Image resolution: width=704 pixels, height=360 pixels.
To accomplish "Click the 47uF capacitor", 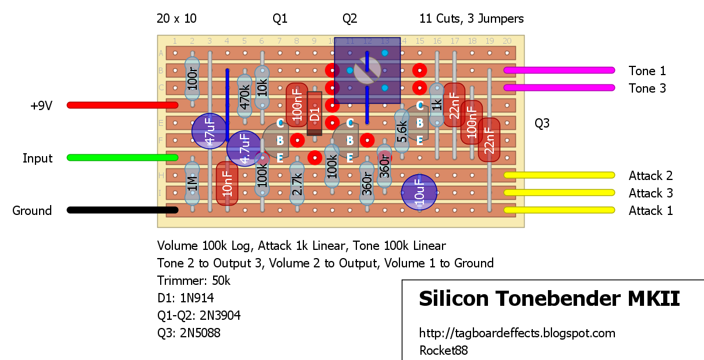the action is [x=209, y=131].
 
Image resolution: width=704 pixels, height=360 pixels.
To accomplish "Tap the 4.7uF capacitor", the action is [x=244, y=149].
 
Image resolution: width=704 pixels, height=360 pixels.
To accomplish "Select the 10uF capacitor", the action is [x=419, y=192].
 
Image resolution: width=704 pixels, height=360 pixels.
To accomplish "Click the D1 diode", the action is [x=314, y=114].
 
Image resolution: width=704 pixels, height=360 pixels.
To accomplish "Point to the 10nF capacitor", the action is [x=227, y=183].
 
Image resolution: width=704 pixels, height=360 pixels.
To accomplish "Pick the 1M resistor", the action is [x=192, y=183].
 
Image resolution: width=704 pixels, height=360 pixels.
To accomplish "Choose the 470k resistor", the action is [x=245, y=96].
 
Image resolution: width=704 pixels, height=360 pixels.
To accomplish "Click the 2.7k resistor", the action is [x=297, y=183].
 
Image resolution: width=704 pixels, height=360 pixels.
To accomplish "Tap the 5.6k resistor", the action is [x=402, y=131].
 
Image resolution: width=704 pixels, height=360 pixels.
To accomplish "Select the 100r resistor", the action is [x=192, y=79].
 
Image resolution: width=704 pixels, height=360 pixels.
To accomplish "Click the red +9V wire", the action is [x=122, y=105].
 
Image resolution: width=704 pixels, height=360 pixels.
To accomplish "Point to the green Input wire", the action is [x=122, y=157].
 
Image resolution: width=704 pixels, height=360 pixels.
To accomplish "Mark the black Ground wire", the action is [x=122, y=210].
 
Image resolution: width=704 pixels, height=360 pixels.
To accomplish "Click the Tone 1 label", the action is [x=647, y=70].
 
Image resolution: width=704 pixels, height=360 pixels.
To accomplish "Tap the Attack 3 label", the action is [x=650, y=193].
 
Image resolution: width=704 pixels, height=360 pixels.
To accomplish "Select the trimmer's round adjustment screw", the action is [x=367, y=70].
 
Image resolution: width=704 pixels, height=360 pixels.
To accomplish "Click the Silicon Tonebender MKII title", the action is [x=549, y=298].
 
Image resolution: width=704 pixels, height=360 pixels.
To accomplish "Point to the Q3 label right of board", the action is [x=542, y=123].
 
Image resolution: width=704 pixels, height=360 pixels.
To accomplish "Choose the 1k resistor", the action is [x=437, y=105].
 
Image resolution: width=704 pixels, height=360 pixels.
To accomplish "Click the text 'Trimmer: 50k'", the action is [x=193, y=280].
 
